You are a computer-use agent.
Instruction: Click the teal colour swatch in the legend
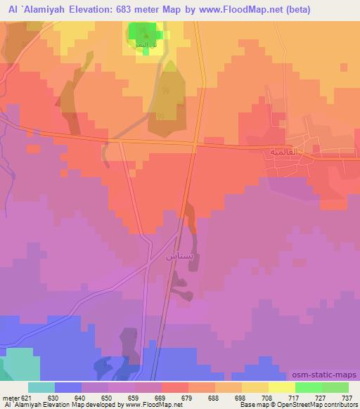(x=41, y=387)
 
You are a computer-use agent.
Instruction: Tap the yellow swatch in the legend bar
(x=281, y=387)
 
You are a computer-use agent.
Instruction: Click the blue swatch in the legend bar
(x=68, y=387)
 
